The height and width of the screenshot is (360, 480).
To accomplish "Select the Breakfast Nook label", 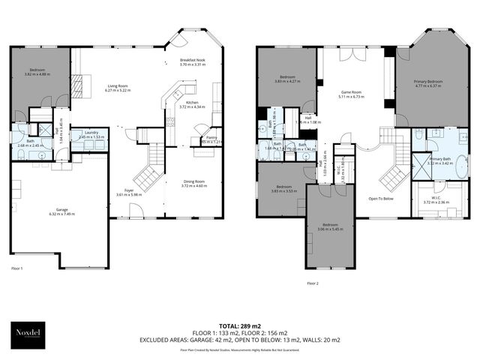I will coord(192,61).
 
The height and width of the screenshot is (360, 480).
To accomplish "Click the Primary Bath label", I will coord(439,160).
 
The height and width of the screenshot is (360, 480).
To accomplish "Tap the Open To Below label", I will coord(381,199).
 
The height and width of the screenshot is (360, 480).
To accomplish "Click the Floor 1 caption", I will coord(17,268).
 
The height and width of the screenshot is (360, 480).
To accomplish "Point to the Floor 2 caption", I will coord(314,283).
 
